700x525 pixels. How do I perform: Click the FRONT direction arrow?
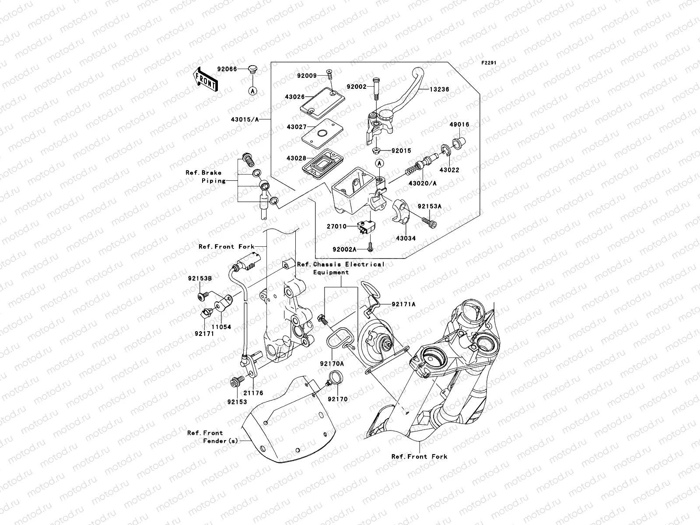(205, 79)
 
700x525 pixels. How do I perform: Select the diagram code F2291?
(489, 63)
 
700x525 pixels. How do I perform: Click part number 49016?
(459, 125)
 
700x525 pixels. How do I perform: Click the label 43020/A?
(423, 183)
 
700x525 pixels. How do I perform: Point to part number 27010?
(336, 227)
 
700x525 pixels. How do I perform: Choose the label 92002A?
(344, 249)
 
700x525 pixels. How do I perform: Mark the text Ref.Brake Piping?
(206, 177)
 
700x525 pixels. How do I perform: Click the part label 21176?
(253, 393)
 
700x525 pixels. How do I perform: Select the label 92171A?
(403, 304)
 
